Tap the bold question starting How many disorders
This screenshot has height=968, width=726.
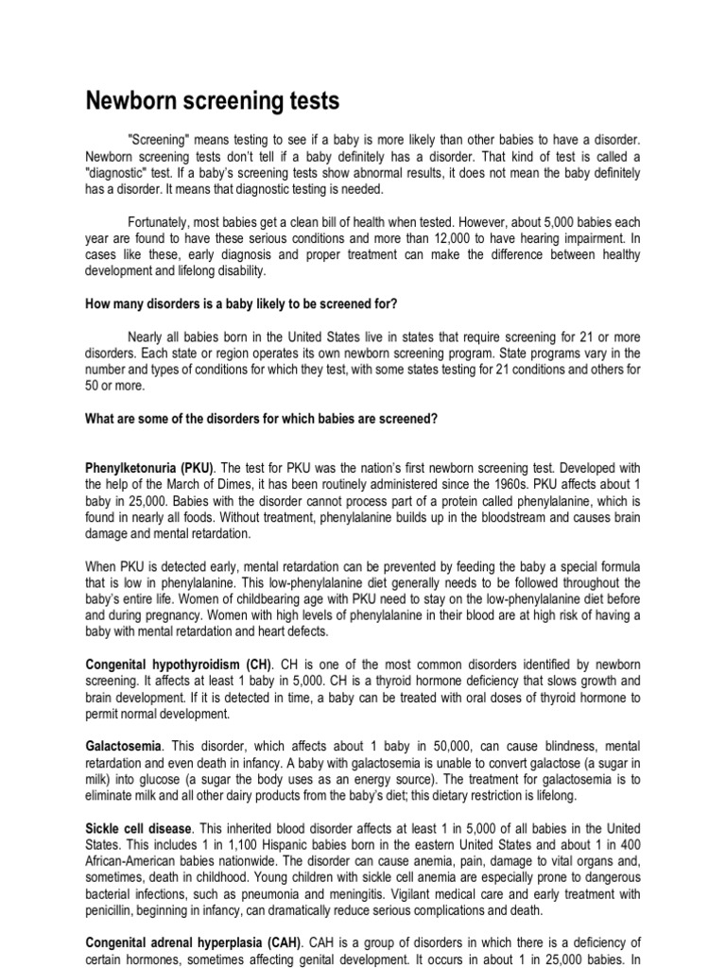tap(242, 302)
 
